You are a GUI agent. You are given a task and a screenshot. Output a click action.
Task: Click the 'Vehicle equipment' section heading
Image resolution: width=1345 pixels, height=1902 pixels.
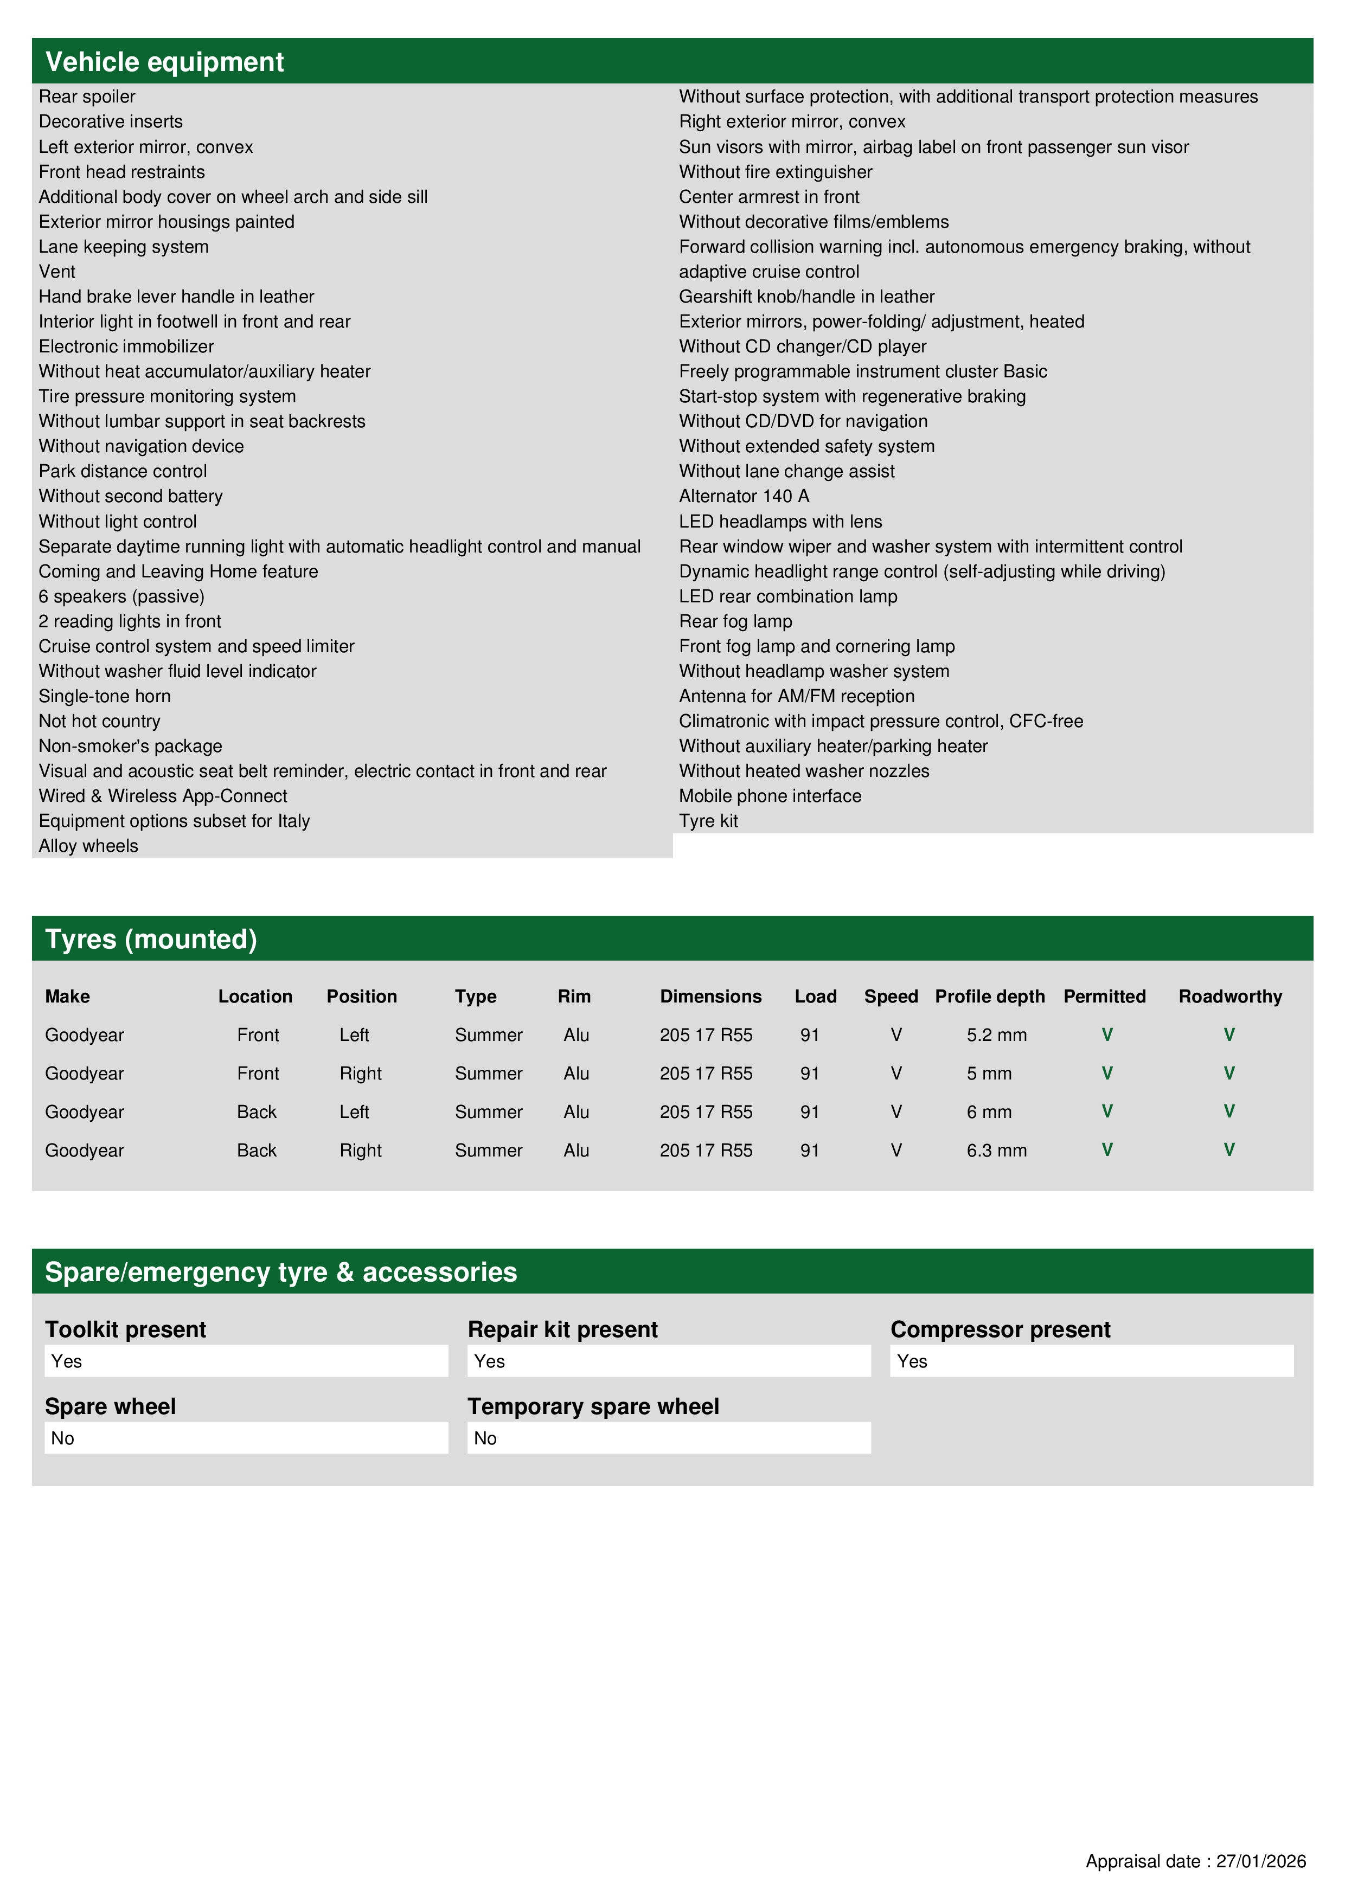coord(164,62)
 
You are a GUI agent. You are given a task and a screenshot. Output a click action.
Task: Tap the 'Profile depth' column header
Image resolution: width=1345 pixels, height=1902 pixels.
coord(989,996)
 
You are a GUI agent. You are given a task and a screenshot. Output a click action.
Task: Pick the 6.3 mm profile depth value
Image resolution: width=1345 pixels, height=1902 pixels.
coord(996,1150)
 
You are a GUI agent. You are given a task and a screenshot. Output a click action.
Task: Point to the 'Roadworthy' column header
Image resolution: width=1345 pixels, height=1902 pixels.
coord(1230,996)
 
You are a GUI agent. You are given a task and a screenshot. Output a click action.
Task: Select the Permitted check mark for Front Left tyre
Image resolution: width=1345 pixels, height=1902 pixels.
coord(1106,1034)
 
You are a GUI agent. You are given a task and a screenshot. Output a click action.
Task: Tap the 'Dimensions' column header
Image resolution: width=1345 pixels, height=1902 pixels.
coord(710,996)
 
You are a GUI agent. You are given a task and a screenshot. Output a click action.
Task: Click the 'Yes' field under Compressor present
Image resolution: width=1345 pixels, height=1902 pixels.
coord(1091,1361)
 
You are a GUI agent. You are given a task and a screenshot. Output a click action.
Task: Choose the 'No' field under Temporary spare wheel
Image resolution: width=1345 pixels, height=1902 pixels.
coord(668,1438)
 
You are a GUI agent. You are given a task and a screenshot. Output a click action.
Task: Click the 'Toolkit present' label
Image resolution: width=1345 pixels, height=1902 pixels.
coord(125,1329)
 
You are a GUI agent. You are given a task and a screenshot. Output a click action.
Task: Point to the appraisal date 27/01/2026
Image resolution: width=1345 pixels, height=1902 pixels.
coord(1195,1861)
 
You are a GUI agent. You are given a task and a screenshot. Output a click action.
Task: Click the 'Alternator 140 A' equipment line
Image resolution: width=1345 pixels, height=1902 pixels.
coord(744,496)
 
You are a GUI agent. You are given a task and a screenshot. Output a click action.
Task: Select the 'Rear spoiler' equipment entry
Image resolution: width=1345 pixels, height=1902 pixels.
coord(87,97)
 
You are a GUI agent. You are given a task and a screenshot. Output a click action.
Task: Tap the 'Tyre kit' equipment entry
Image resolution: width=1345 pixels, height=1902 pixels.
coord(708,821)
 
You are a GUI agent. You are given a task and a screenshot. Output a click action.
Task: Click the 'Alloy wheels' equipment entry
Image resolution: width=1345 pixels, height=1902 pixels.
coord(88,846)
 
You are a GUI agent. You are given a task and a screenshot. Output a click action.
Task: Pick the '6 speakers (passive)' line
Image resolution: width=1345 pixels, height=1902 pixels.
coord(121,596)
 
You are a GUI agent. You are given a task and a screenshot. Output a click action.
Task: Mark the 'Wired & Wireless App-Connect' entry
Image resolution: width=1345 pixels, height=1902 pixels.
coord(162,796)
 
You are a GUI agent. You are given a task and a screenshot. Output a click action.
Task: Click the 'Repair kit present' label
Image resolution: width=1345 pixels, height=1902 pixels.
coord(562,1329)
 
